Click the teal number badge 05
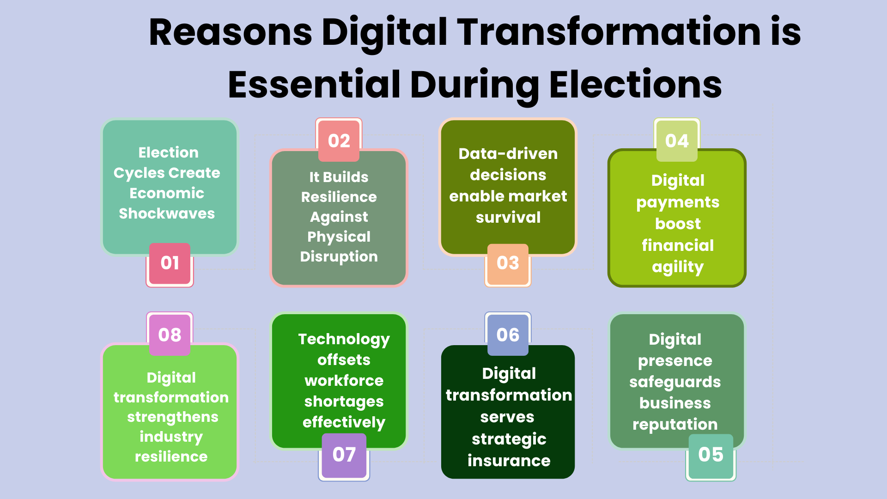tap(711, 456)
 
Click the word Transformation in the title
tap(609, 32)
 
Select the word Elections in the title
tap(636, 85)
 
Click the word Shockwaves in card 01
tap(167, 213)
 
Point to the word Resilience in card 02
tap(339, 197)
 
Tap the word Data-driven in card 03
tap(508, 153)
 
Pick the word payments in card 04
tap(678, 203)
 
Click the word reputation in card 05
tap(675, 425)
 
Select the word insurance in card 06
tap(509, 461)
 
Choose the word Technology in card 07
tap(344, 340)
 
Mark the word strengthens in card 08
tap(173, 417)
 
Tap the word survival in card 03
tap(508, 217)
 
